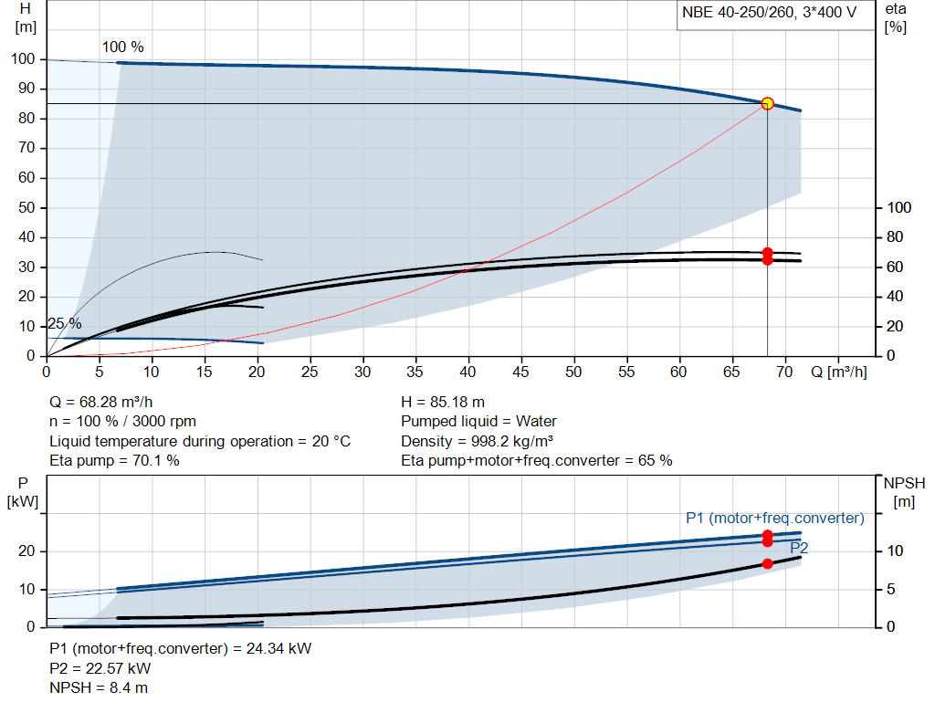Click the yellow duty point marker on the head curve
(767, 104)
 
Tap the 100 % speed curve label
(123, 47)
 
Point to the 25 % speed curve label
(65, 324)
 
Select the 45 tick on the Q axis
(520, 372)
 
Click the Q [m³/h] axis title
(839, 372)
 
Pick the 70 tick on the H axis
(26, 148)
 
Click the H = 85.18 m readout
(443, 403)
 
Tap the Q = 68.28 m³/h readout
(100, 403)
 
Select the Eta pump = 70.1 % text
(114, 461)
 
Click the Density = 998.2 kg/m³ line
(477, 441)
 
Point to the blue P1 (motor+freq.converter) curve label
(775, 518)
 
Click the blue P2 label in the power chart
(799, 548)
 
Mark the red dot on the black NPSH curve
(767, 563)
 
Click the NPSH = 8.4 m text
(99, 688)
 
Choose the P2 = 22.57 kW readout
(100, 668)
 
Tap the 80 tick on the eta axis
(895, 237)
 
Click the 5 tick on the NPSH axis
(891, 589)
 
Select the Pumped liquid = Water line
(478, 422)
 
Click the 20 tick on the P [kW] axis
(26, 550)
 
